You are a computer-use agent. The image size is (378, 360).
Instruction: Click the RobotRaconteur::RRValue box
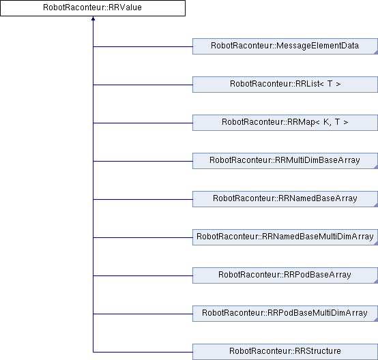93,8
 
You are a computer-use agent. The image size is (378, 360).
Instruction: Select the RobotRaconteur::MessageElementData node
285,46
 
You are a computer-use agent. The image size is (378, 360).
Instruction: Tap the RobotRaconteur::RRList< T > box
285,85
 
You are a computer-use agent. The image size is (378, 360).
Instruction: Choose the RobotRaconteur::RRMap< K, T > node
285,123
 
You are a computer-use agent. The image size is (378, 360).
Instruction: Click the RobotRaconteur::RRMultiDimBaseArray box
285,161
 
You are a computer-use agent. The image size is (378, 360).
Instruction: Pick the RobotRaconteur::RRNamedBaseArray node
285,199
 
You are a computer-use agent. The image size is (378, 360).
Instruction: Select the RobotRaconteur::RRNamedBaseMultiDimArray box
285,237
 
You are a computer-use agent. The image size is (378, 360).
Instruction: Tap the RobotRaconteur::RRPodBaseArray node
285,275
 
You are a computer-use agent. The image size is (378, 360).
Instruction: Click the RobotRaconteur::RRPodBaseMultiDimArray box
285,314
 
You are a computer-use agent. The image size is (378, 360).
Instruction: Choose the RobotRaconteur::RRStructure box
285,352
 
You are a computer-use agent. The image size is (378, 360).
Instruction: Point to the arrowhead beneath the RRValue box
93,18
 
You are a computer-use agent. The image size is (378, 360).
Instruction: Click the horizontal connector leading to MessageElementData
143,46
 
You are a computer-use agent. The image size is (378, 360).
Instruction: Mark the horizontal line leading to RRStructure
143,352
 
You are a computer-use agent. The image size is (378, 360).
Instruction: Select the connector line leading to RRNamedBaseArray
143,199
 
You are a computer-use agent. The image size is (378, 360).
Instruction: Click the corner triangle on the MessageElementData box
376,52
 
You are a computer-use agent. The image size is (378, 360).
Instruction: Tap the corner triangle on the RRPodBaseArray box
376,282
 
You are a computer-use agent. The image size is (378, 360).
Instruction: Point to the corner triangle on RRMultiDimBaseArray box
376,167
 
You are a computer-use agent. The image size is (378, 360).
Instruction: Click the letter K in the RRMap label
326,122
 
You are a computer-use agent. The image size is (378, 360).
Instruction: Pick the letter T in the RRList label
330,84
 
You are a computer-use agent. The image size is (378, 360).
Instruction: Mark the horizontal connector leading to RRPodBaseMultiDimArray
143,314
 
